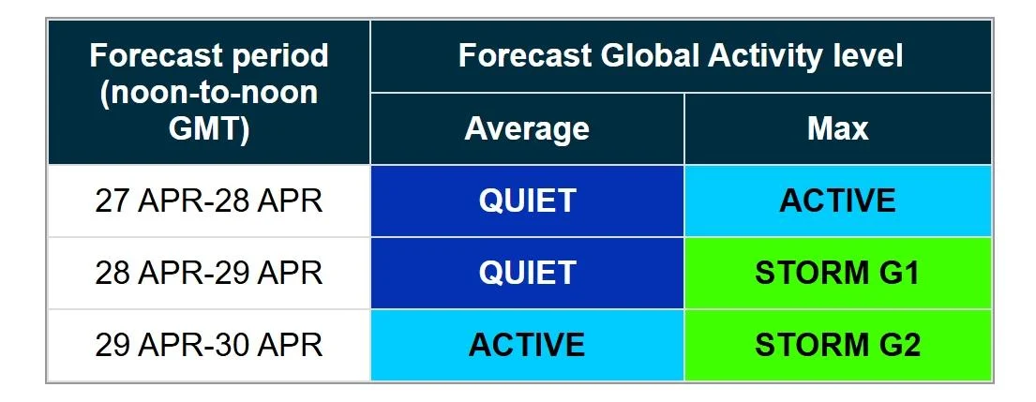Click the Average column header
(527, 128)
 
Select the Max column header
(837, 128)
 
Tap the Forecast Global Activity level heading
(681, 56)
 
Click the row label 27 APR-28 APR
(209, 201)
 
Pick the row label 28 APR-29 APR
(209, 273)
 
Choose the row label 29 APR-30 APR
(209, 345)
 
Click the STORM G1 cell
(838, 273)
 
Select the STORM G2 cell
(838, 345)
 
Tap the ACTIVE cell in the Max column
(838, 201)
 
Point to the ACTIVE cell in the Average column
(527, 345)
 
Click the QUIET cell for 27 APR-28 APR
(527, 201)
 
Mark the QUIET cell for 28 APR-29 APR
(527, 273)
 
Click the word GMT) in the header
(209, 129)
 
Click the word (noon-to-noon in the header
(209, 94)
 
